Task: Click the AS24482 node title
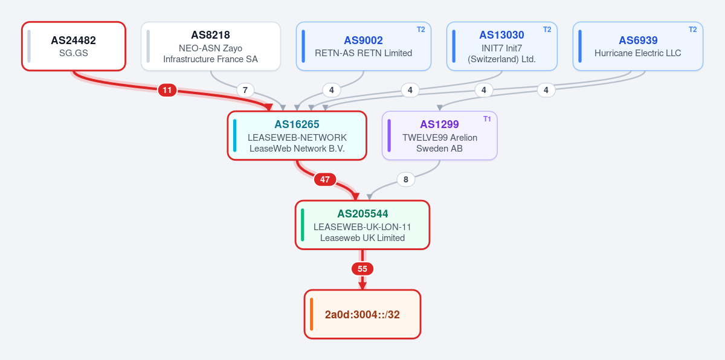(x=74, y=40)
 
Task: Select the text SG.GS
(x=74, y=53)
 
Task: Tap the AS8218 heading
(x=210, y=35)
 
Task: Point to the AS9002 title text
(x=363, y=40)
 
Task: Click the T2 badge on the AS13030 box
(x=547, y=30)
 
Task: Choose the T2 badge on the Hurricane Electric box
(x=692, y=30)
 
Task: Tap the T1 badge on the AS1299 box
(x=487, y=119)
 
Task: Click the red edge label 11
(x=167, y=90)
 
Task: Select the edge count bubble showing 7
(x=245, y=90)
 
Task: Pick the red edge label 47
(x=325, y=179)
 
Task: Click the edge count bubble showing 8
(x=406, y=179)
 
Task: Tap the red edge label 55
(x=362, y=269)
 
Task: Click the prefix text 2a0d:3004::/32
(x=362, y=314)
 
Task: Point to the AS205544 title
(x=362, y=214)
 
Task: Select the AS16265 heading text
(x=297, y=124)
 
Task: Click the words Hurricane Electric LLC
(x=637, y=53)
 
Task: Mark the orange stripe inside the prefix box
(x=311, y=314)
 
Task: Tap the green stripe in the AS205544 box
(x=302, y=225)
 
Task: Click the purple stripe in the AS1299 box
(x=389, y=135)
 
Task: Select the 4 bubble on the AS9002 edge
(x=332, y=90)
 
